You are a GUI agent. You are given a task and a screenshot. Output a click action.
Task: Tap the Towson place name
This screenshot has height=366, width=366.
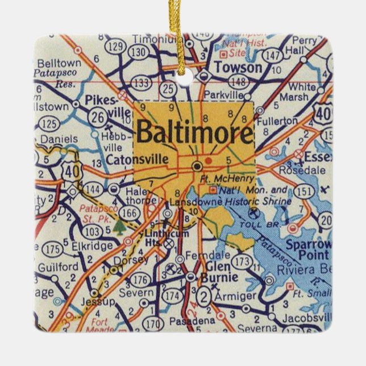(x=239, y=68)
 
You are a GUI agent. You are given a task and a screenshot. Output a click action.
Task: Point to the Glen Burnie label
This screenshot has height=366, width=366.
(x=217, y=273)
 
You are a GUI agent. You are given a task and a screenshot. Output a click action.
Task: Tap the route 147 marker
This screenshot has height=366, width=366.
(x=273, y=56)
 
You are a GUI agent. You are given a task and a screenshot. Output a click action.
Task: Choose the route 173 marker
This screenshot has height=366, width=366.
(x=243, y=262)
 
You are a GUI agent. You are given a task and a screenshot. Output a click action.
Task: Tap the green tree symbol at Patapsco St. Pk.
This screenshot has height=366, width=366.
(x=119, y=228)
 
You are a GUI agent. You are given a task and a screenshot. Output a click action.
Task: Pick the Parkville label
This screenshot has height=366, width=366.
(x=219, y=93)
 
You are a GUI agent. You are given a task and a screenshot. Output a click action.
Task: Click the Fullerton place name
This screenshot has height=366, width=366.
(x=277, y=121)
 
